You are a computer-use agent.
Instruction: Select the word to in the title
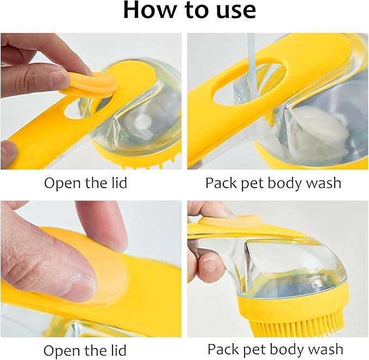tap(194, 11)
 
